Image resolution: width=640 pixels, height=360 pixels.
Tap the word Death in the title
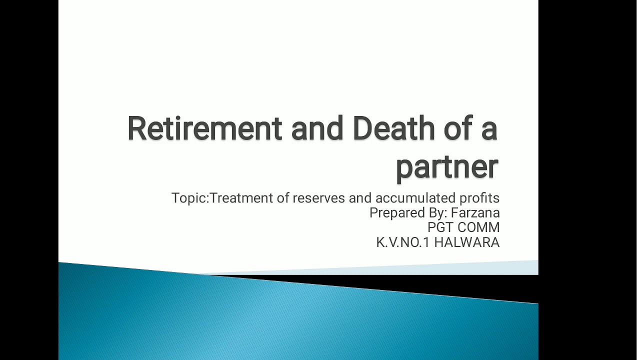pyautogui.click(x=394, y=128)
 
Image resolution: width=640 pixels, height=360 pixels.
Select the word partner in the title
pyautogui.click(x=447, y=166)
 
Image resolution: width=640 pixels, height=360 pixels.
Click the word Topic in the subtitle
pyautogui.click(x=189, y=198)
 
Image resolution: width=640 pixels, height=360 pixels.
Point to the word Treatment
pyautogui.click(x=241, y=198)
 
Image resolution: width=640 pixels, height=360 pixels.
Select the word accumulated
pyautogui.click(x=416, y=198)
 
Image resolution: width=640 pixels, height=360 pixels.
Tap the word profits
pyautogui.click(x=479, y=198)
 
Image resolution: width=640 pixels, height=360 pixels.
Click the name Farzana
pyautogui.click(x=475, y=213)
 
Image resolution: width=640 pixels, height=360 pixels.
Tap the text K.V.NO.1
pyautogui.click(x=403, y=242)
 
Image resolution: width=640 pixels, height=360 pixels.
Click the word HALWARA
pyautogui.click(x=466, y=242)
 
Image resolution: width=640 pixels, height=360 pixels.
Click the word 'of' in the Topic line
pyautogui.click(x=283, y=198)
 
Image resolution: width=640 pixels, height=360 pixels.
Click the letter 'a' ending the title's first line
pyautogui.click(x=489, y=130)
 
